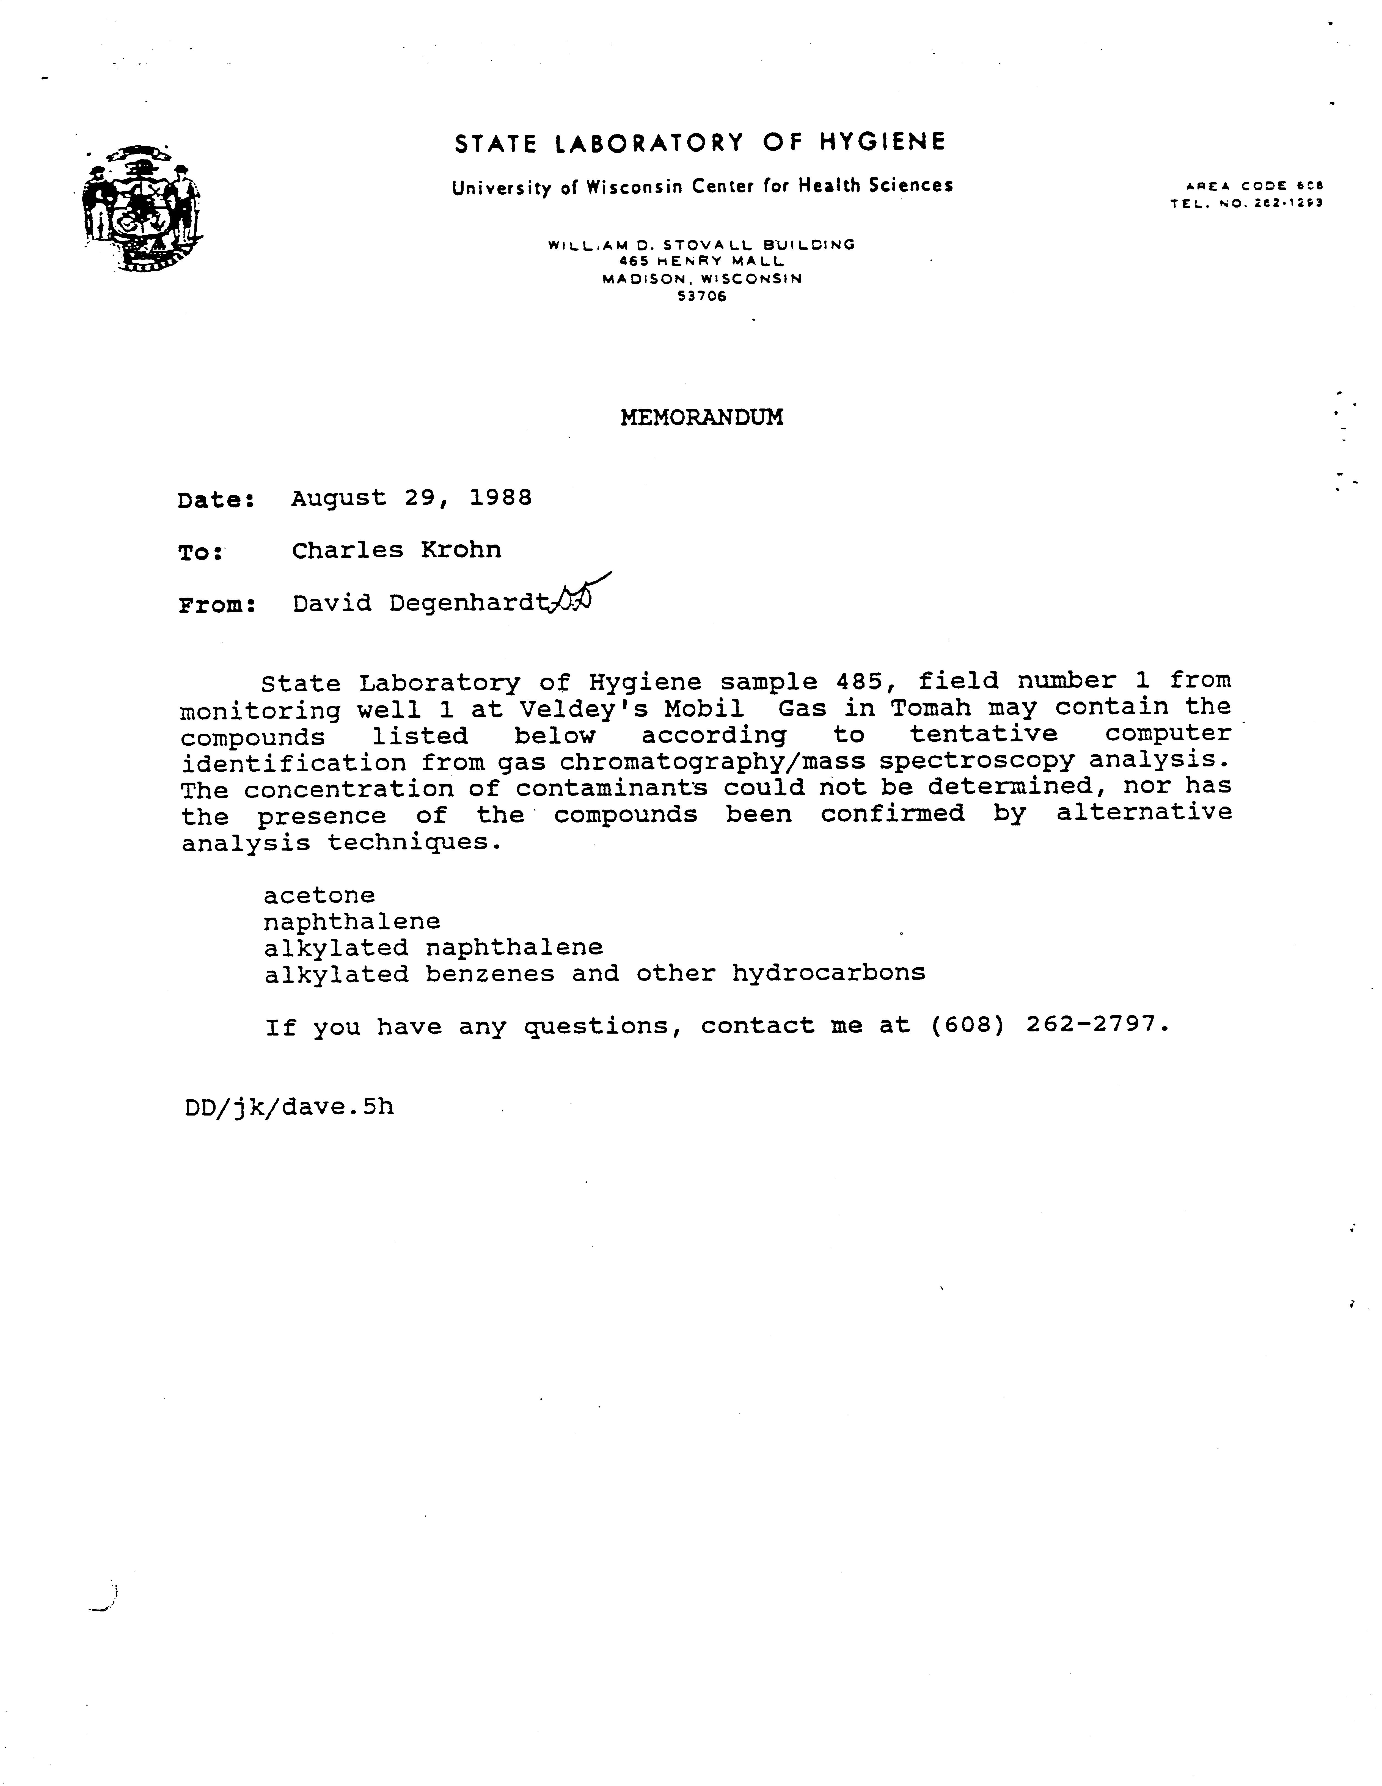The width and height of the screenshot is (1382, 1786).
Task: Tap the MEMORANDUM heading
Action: click(x=702, y=418)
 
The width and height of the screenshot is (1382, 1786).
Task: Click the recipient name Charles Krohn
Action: click(x=397, y=550)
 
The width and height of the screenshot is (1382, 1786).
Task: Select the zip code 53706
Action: click(x=702, y=297)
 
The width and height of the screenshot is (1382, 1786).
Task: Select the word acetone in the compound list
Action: click(x=319, y=895)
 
